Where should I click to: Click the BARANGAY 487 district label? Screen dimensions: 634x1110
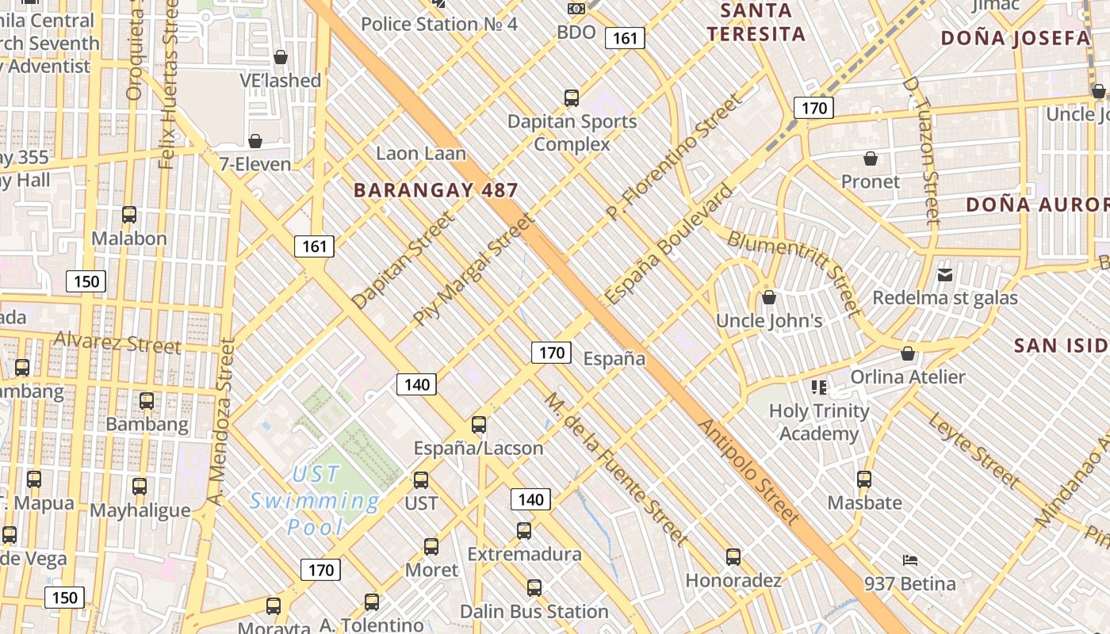point(435,190)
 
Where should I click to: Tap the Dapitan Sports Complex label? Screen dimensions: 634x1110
point(572,132)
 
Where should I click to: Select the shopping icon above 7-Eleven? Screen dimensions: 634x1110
point(255,141)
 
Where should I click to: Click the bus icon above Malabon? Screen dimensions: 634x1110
point(129,215)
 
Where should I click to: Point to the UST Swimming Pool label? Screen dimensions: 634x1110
point(315,501)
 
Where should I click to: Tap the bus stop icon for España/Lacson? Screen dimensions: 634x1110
point(479,424)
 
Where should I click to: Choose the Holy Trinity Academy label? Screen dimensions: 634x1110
point(819,422)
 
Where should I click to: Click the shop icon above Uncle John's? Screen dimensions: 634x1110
point(768,298)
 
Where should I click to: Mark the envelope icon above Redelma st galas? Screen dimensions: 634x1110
point(945,275)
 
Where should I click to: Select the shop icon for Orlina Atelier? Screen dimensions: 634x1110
point(908,353)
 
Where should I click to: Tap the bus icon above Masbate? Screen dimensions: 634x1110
point(864,479)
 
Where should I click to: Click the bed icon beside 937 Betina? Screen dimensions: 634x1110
point(910,560)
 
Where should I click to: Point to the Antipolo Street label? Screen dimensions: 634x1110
point(748,472)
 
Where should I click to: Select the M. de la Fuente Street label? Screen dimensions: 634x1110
point(615,469)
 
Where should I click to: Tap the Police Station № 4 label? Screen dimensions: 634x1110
point(439,24)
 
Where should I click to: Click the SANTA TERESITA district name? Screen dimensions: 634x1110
point(756,22)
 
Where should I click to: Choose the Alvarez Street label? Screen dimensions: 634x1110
point(117,343)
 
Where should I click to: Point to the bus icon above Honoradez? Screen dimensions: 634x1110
point(733,557)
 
